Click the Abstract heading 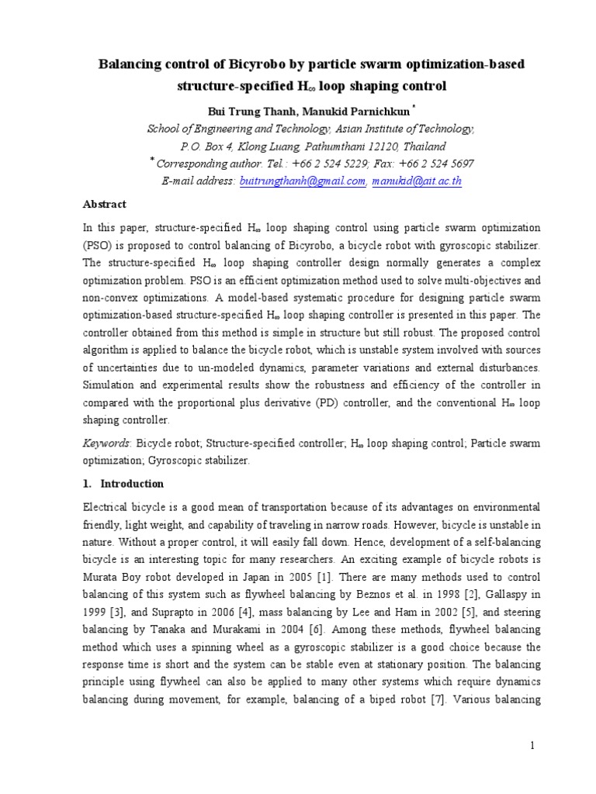click(104, 205)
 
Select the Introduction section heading click(132, 484)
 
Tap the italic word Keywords click(106, 444)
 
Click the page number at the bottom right click(533, 746)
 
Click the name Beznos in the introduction click(407, 595)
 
